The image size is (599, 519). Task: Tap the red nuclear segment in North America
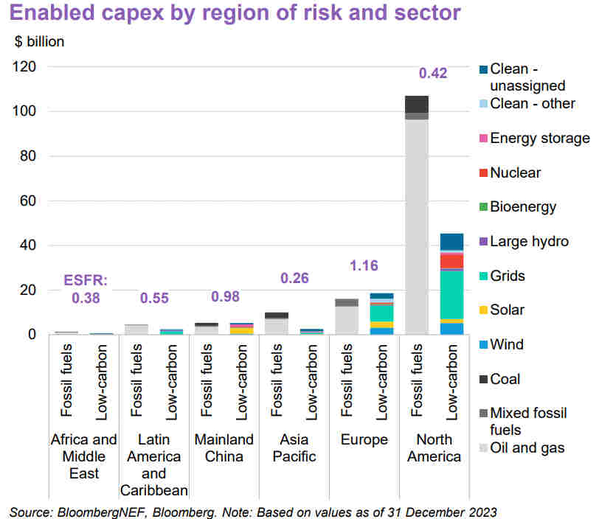tap(451, 261)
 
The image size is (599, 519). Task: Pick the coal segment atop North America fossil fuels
tap(417, 104)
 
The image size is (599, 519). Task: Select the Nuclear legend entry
tap(515, 173)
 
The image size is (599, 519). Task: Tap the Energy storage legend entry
tap(539, 138)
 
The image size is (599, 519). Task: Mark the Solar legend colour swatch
tap(482, 310)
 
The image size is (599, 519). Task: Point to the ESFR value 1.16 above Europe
tap(364, 263)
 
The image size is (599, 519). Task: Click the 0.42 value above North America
tap(434, 73)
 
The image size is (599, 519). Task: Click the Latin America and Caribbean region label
tap(154, 464)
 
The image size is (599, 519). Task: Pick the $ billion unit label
tap(40, 42)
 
